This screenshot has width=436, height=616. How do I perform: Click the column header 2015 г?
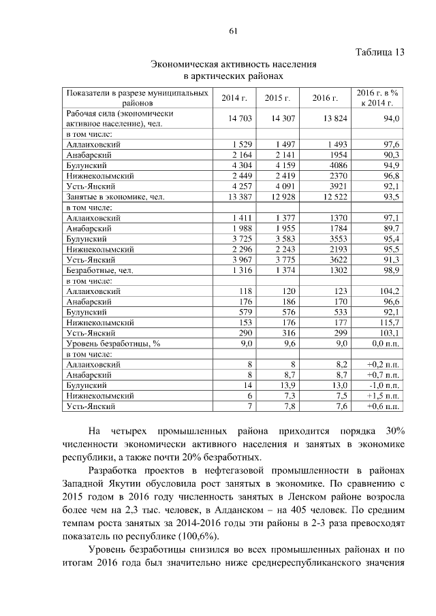278,98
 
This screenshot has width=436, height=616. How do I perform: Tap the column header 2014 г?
234,98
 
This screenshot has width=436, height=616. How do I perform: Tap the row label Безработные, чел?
100,270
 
